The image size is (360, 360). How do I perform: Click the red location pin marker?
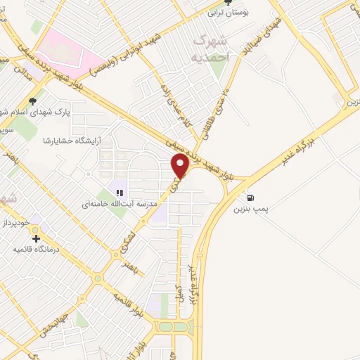[x=181, y=165]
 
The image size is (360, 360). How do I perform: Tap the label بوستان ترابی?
[x=227, y=13]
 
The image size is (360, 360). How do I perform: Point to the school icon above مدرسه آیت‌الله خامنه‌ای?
[x=119, y=193]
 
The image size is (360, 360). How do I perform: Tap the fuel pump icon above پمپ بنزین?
[x=252, y=198]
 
